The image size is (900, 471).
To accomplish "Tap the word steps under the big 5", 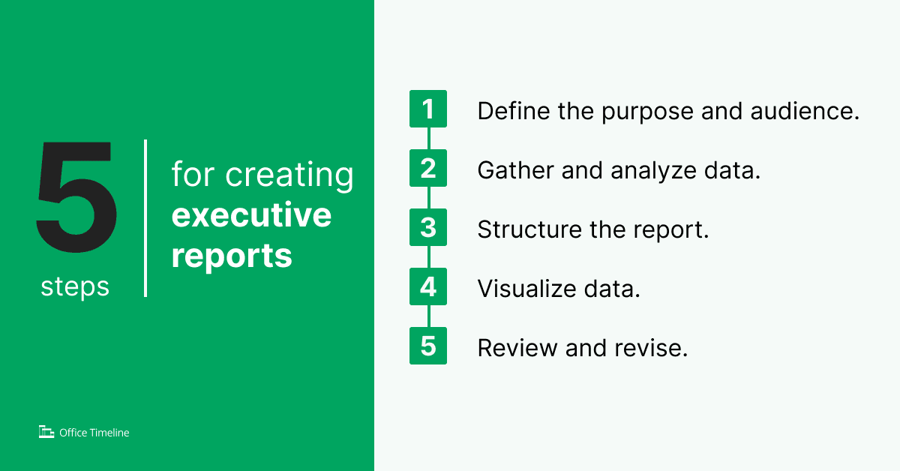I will point(75,286).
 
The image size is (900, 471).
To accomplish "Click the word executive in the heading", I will point(251,215).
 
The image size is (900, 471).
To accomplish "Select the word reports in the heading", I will point(232,256).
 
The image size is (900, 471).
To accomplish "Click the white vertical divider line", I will point(145,217).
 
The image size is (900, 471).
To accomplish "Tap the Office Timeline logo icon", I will point(46,432).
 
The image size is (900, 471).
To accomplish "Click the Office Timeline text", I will point(94,433).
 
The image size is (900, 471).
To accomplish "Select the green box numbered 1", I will point(428,109).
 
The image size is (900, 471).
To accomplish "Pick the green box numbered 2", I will point(428,169).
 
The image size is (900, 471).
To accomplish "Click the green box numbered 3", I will point(428,228).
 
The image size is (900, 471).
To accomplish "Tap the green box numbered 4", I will point(428,287).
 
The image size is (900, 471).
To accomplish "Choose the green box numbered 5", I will point(428,346).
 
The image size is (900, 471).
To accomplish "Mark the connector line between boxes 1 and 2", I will point(428,139).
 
